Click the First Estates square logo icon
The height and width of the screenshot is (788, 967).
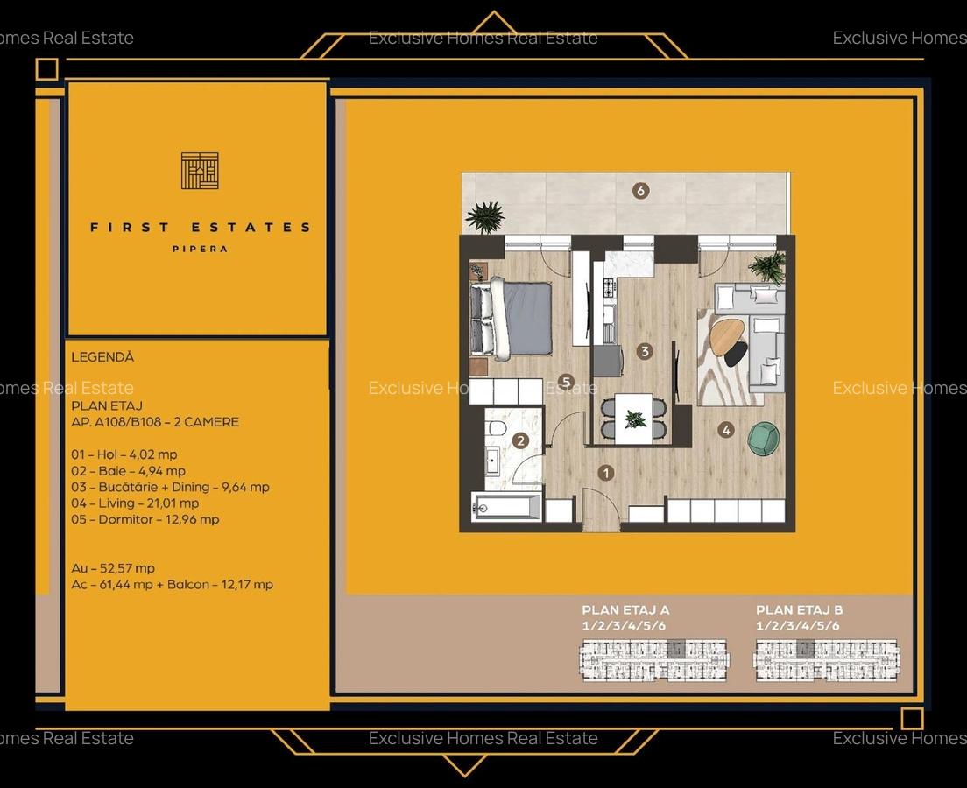point(200,171)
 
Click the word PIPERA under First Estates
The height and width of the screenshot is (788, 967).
point(200,249)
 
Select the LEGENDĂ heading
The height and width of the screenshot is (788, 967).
point(102,357)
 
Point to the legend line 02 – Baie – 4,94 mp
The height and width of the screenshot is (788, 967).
point(128,471)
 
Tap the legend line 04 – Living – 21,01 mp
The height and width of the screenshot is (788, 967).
point(135,503)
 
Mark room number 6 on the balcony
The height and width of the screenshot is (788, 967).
point(641,190)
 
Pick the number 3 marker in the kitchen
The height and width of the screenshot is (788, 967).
point(645,351)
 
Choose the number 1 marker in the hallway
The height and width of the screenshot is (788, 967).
point(605,473)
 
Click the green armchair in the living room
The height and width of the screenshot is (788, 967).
point(763,438)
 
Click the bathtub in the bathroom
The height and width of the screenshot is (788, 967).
point(506,507)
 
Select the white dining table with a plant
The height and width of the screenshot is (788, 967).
point(634,418)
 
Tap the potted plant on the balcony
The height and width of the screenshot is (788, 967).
point(485,216)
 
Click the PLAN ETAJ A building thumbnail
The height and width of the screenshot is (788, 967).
point(653,660)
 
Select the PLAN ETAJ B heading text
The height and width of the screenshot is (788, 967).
point(800,610)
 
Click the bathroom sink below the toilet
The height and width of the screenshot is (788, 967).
point(492,459)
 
